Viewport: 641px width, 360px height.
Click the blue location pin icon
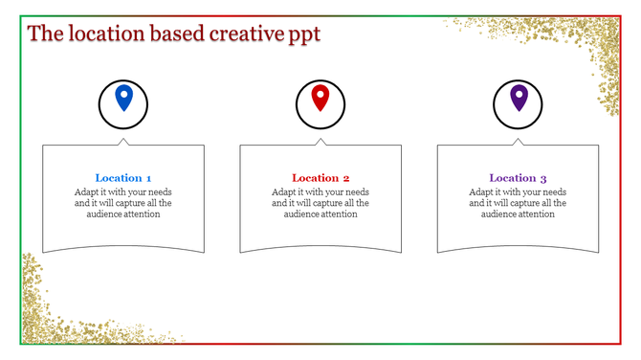(x=123, y=98)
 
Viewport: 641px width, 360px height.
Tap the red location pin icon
(x=320, y=98)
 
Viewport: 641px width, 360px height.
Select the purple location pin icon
(x=519, y=98)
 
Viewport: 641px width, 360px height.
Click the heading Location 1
(x=123, y=178)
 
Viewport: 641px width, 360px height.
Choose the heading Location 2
(x=320, y=178)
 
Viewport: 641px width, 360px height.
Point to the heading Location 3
(x=518, y=178)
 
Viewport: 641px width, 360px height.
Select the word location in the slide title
(x=103, y=34)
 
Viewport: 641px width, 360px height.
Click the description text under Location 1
(x=123, y=203)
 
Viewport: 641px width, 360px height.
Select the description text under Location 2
(x=320, y=203)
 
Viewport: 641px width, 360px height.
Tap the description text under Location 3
(x=518, y=203)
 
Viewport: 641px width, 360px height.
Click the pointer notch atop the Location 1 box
(x=123, y=142)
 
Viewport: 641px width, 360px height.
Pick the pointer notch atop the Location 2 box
(x=320, y=142)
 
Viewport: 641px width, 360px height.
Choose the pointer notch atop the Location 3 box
(x=519, y=142)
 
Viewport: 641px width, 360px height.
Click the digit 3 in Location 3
(x=543, y=178)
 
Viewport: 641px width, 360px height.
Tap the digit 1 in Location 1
(x=148, y=178)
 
